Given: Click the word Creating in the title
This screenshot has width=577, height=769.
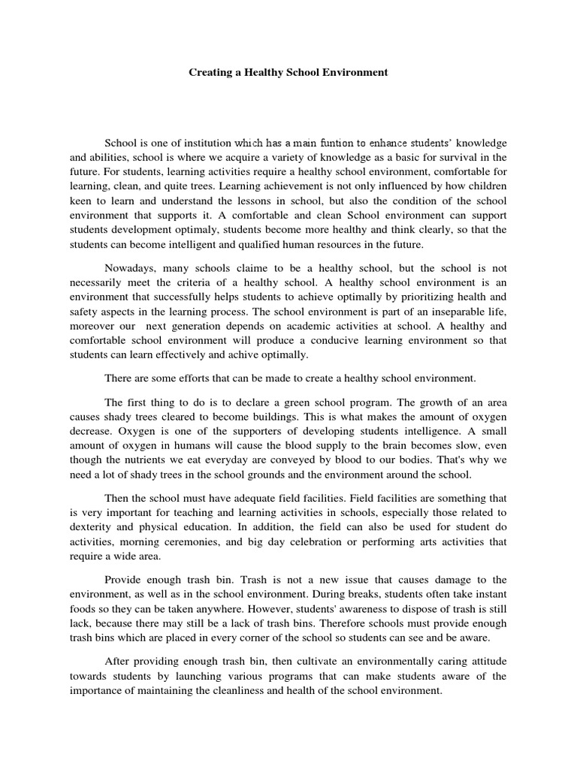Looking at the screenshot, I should tap(208, 73).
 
